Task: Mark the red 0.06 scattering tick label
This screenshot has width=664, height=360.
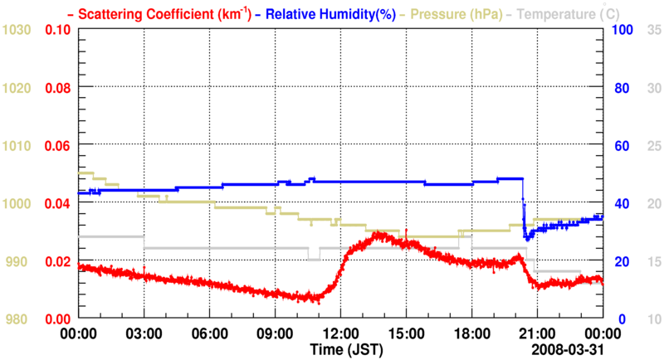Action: pos(57,145)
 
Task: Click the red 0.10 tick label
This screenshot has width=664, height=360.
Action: pos(57,30)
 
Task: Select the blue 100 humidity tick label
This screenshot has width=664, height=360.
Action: pos(622,30)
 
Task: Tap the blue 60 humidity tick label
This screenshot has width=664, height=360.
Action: pos(622,145)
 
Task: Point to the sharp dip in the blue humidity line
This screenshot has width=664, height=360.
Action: pos(525,236)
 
